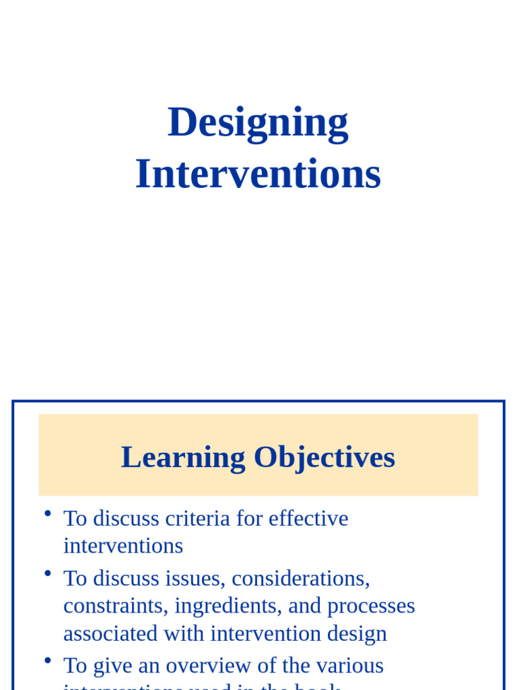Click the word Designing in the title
click(258, 123)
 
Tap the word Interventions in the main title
click(258, 174)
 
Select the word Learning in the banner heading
click(183, 458)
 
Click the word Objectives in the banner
click(324, 458)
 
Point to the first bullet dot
click(48, 513)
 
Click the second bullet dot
click(48, 573)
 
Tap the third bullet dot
click(48, 660)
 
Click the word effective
click(308, 518)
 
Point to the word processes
click(371, 606)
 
